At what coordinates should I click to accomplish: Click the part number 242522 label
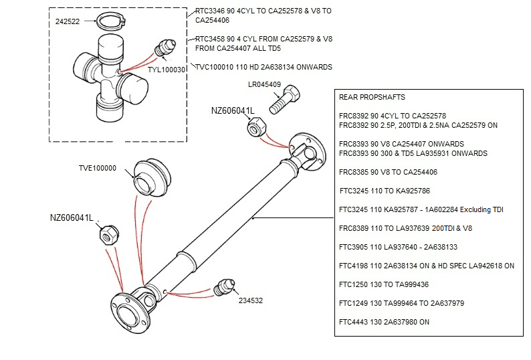[x=68, y=22]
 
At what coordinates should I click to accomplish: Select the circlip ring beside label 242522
[x=112, y=21]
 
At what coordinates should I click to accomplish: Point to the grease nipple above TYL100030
[x=164, y=49]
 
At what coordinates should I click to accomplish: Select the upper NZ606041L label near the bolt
[x=232, y=110]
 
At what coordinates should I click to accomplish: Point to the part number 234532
[x=251, y=300]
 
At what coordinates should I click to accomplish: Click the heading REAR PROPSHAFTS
[x=372, y=97]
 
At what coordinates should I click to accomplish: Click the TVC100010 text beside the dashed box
[x=213, y=67]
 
